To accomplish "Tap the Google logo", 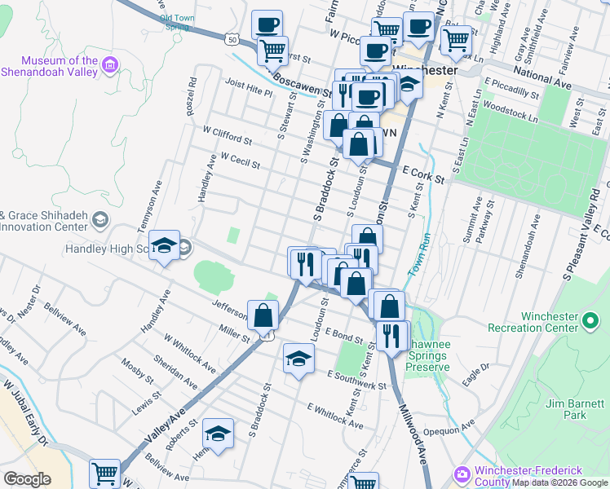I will (x=27, y=479).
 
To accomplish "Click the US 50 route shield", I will (x=232, y=38).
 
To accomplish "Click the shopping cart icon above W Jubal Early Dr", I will (x=104, y=474).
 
